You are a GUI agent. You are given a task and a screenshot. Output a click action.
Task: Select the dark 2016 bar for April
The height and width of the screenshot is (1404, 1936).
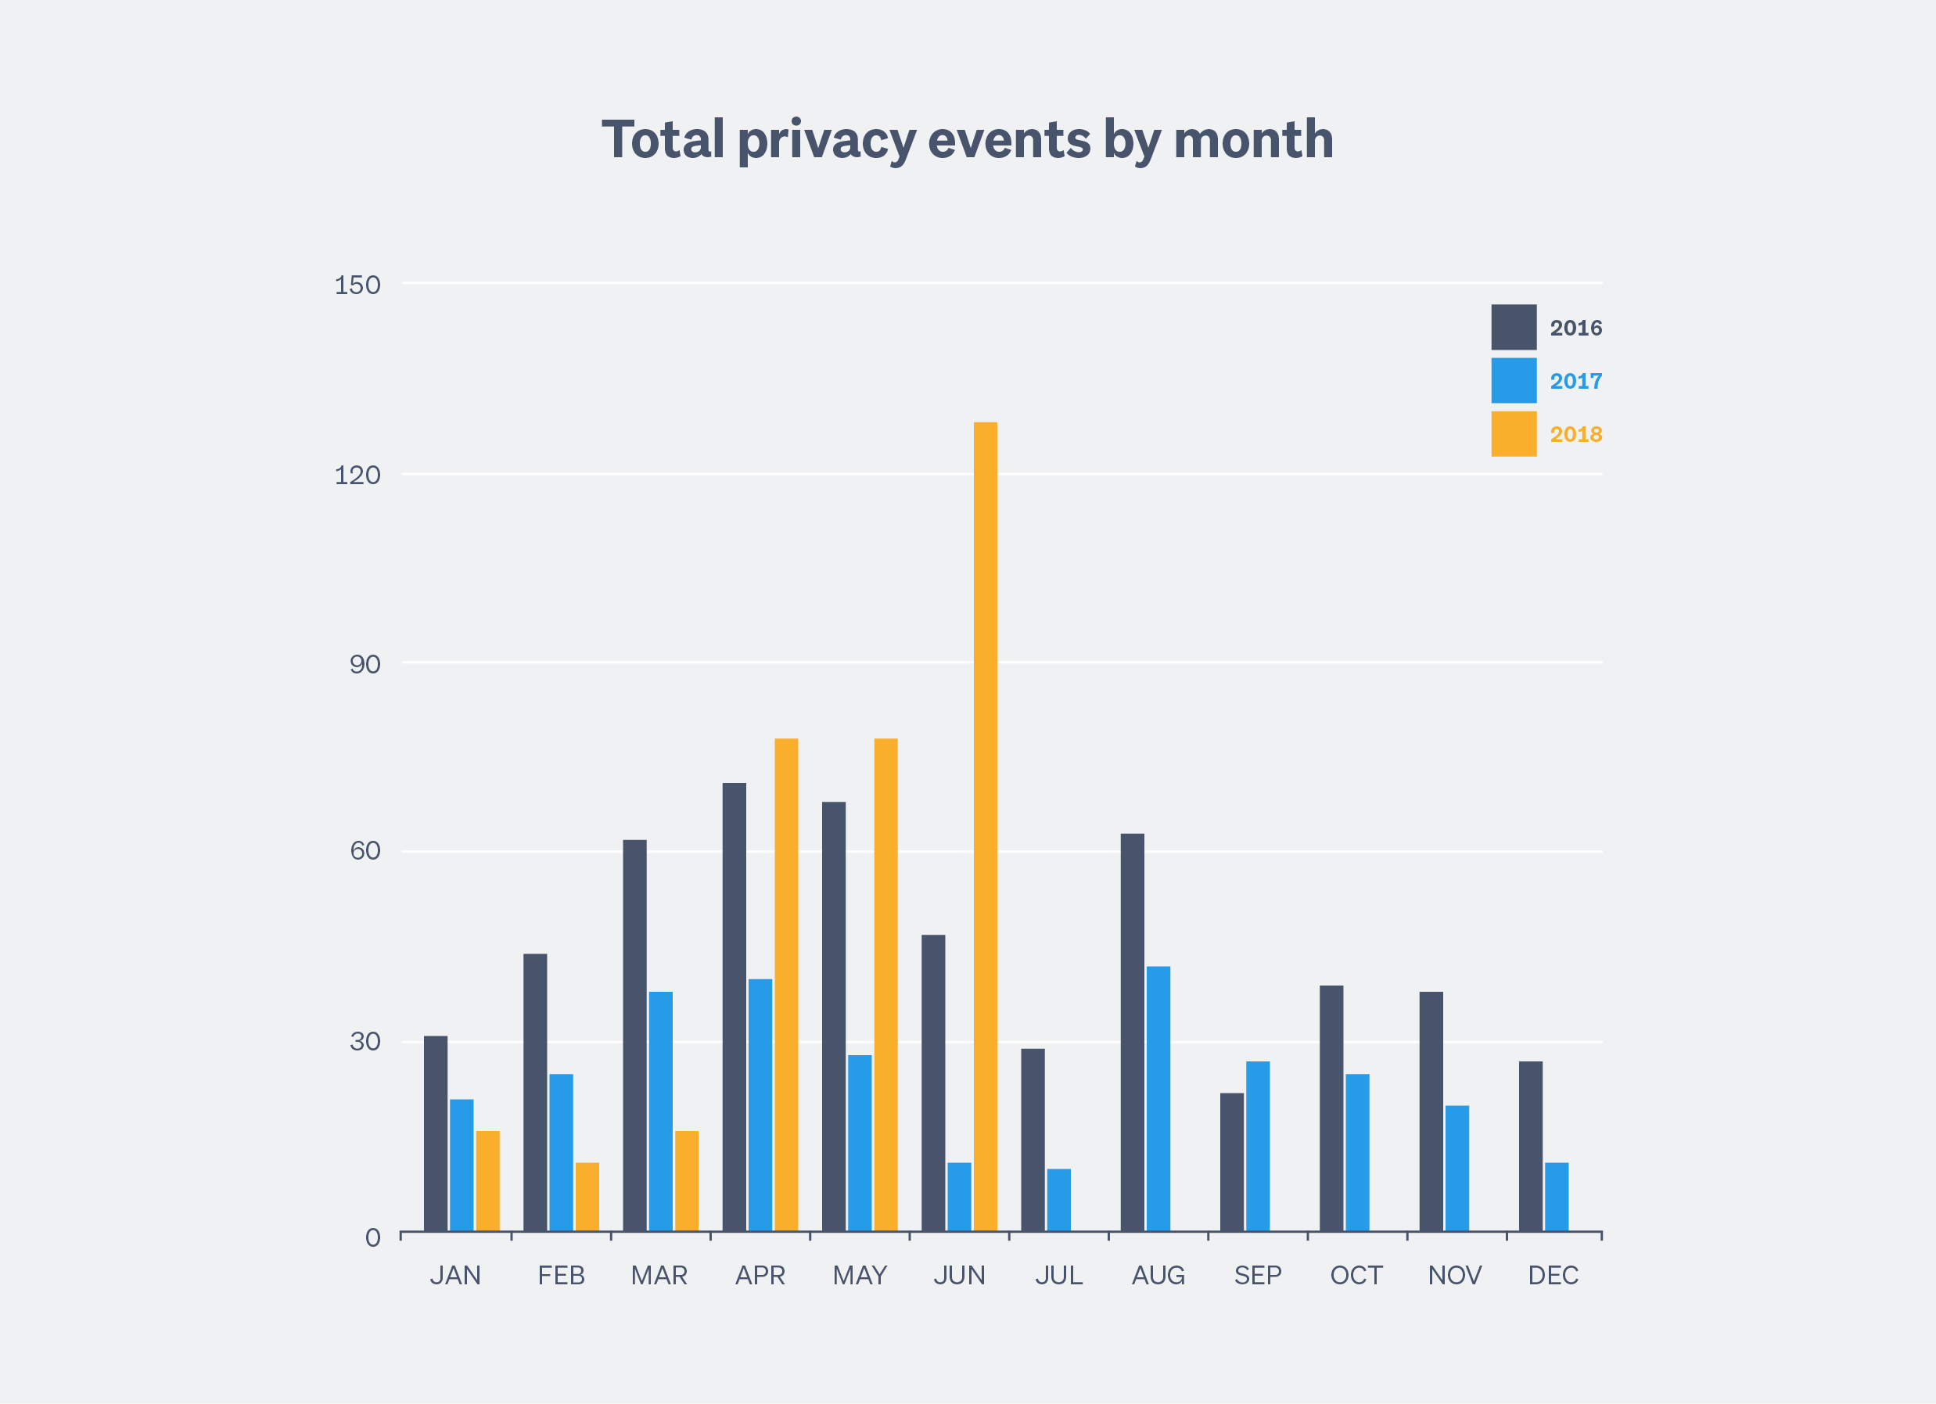(x=734, y=1007)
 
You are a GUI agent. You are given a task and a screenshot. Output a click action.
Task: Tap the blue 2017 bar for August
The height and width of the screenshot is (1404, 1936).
(x=1158, y=1098)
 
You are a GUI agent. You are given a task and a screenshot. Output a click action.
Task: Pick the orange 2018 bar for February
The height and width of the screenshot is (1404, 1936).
(x=587, y=1197)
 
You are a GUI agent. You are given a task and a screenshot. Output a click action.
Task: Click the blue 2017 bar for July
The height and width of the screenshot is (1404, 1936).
(x=1058, y=1200)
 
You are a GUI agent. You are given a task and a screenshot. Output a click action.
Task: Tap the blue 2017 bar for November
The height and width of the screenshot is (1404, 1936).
(x=1457, y=1169)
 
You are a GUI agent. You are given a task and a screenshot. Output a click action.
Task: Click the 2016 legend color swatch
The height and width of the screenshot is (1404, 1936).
(x=1514, y=327)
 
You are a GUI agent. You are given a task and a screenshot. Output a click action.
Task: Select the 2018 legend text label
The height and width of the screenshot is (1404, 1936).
(x=1575, y=434)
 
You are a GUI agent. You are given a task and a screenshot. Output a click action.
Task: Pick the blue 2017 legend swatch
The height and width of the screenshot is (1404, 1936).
(x=1514, y=381)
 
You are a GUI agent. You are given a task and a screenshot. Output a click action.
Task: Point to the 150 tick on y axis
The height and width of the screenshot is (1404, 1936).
(x=357, y=285)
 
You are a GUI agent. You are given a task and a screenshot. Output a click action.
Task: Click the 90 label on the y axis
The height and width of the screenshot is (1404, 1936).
(x=365, y=665)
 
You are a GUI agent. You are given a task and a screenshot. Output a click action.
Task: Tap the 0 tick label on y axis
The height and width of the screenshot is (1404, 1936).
(x=372, y=1237)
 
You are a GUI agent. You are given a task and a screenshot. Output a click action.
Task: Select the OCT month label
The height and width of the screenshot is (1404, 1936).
(x=1356, y=1275)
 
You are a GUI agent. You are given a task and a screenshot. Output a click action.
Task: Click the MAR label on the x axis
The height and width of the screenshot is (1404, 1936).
(x=659, y=1275)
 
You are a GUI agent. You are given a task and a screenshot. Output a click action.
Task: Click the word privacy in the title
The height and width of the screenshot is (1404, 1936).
(x=826, y=141)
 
